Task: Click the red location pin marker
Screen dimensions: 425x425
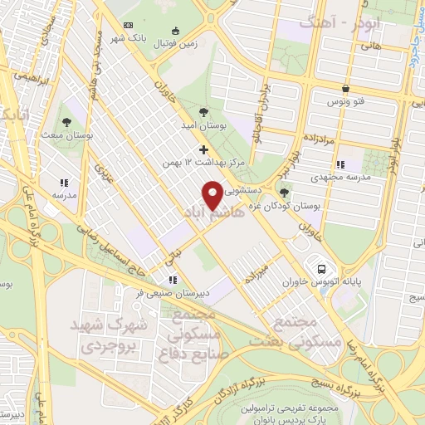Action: (x=214, y=194)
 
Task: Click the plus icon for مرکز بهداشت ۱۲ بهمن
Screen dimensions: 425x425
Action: (x=203, y=150)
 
